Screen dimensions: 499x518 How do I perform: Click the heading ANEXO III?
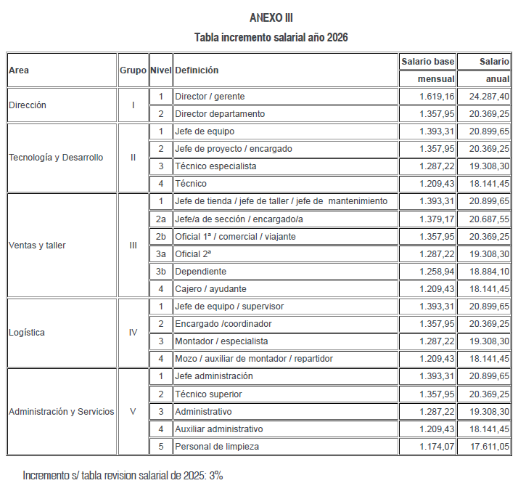[271, 17]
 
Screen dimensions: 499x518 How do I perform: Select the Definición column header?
[197, 70]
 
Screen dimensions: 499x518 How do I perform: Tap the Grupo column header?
[133, 70]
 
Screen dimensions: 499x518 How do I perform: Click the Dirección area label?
[28, 105]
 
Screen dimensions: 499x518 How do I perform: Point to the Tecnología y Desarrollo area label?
[56, 158]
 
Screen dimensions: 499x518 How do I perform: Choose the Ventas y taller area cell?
[37, 246]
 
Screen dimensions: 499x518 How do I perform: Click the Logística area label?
[27, 333]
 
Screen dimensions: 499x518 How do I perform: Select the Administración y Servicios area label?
[62, 411]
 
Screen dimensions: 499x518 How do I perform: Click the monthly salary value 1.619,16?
[437, 97]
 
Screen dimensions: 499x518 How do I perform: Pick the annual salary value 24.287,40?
[489, 97]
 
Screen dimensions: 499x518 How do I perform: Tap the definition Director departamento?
[220, 114]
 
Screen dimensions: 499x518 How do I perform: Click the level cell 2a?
[160, 219]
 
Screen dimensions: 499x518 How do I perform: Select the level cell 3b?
[160, 272]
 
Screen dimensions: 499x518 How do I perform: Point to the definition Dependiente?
[201, 272]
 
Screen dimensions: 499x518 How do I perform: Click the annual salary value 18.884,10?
[489, 272]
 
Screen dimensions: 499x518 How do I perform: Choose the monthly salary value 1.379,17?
[437, 219]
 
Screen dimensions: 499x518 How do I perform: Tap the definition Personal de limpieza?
[217, 447]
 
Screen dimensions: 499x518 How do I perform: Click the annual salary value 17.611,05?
[489, 447]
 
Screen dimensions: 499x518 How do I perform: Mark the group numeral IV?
[133, 333]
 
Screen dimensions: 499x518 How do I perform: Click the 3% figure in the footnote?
[215, 476]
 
